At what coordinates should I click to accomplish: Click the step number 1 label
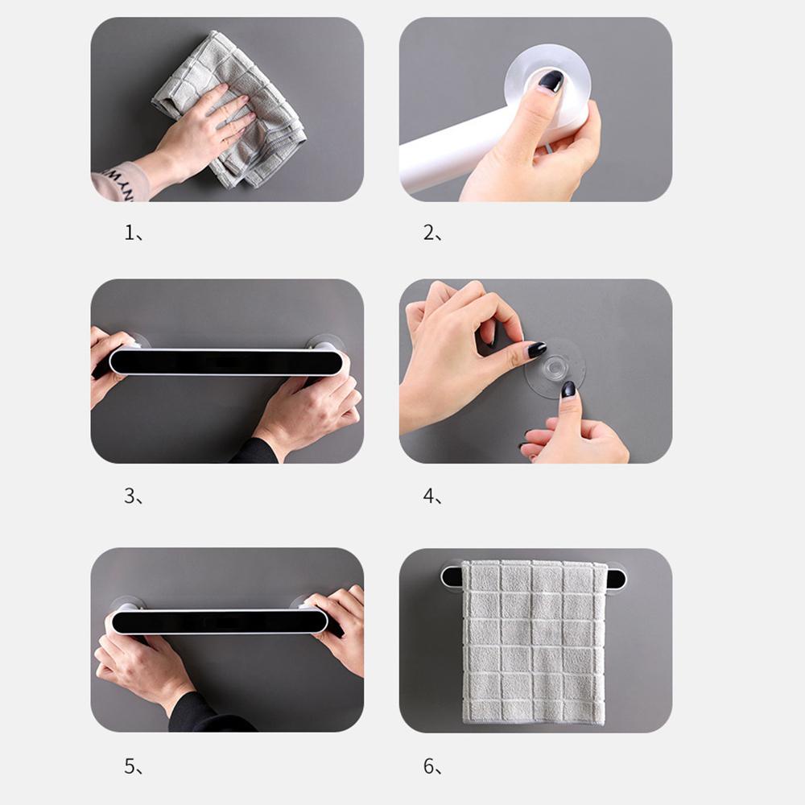click(133, 233)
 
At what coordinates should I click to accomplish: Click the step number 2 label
click(432, 233)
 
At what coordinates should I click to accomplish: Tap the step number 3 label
click(133, 496)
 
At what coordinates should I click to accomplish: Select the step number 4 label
click(432, 496)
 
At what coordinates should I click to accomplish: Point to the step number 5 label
click(133, 766)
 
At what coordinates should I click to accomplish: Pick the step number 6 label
click(432, 766)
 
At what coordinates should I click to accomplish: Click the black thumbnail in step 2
click(551, 81)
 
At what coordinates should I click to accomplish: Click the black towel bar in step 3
click(226, 362)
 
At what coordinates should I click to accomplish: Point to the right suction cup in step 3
click(325, 342)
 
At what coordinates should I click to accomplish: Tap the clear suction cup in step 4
click(555, 368)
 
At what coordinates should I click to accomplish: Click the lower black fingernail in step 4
click(568, 389)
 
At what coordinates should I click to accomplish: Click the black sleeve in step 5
click(205, 712)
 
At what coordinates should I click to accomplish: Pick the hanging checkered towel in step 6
click(534, 642)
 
